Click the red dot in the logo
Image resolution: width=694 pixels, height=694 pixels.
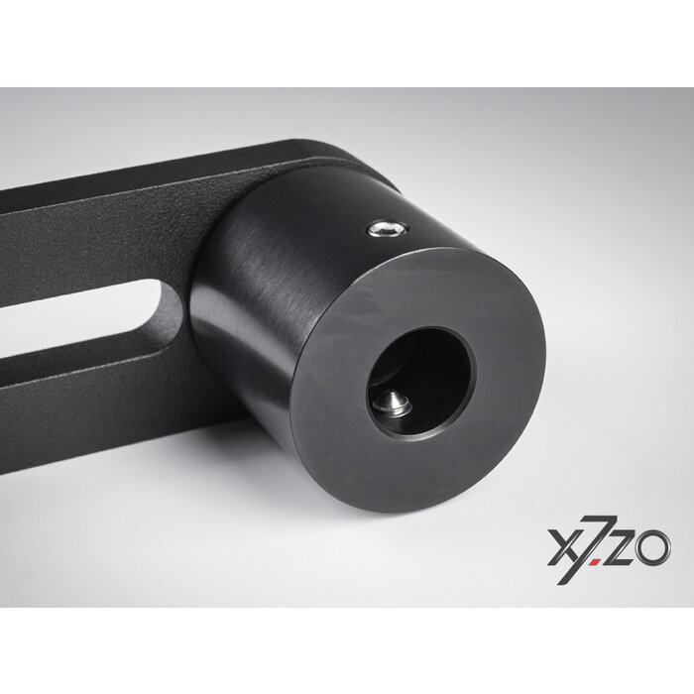tap(594, 561)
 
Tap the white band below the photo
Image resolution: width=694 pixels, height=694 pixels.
tap(347, 649)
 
